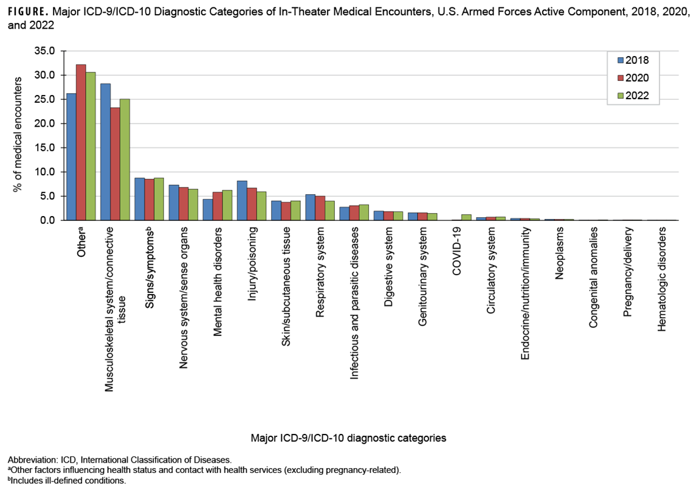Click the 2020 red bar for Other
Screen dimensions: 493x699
click(x=81, y=142)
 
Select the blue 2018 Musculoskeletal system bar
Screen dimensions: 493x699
click(x=105, y=152)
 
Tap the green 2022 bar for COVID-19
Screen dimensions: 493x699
click(x=466, y=217)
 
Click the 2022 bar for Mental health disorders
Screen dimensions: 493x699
click(x=227, y=205)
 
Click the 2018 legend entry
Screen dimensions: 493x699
click(x=633, y=60)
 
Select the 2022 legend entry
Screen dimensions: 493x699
click(x=633, y=96)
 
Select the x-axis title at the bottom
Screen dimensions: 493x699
click(x=348, y=438)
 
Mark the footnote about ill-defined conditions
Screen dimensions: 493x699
click(x=66, y=481)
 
